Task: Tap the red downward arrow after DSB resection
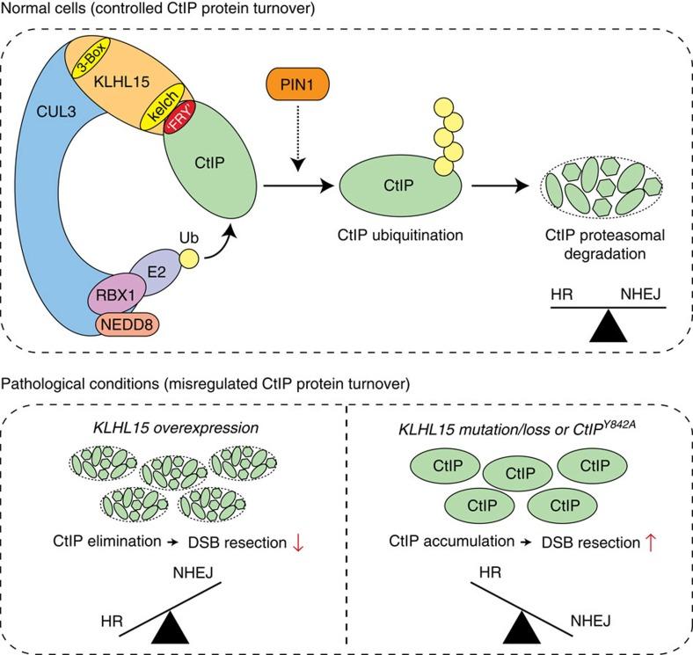300,543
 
